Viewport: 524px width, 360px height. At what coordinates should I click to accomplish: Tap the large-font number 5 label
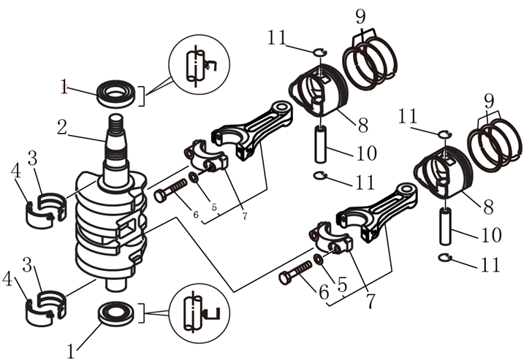pyautogui.click(x=341, y=285)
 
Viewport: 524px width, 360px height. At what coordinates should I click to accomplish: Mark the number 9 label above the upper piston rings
pyautogui.click(x=360, y=16)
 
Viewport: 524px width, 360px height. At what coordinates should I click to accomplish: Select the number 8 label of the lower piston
pyautogui.click(x=488, y=207)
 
